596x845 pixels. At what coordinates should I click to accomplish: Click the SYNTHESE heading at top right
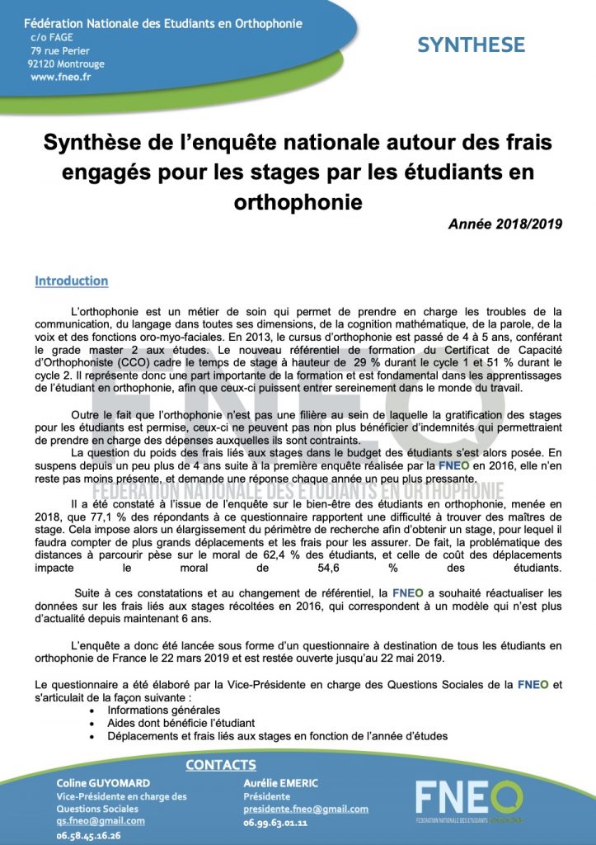(471, 45)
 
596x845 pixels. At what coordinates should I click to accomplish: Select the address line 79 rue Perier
(59, 50)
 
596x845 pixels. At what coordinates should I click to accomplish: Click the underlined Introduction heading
(71, 281)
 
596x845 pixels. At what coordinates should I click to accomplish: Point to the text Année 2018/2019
(505, 224)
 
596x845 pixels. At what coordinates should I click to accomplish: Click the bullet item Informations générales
(164, 710)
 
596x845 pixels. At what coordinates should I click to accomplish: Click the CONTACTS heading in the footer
(220, 765)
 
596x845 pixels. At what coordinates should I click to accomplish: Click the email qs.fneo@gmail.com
(100, 821)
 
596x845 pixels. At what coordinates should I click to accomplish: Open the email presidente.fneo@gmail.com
(306, 810)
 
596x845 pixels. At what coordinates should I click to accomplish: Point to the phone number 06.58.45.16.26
(88, 835)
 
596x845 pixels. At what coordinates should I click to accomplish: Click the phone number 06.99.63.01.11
(275, 823)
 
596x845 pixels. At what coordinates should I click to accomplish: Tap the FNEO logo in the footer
(467, 801)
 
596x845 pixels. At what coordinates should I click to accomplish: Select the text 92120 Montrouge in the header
(67, 63)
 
